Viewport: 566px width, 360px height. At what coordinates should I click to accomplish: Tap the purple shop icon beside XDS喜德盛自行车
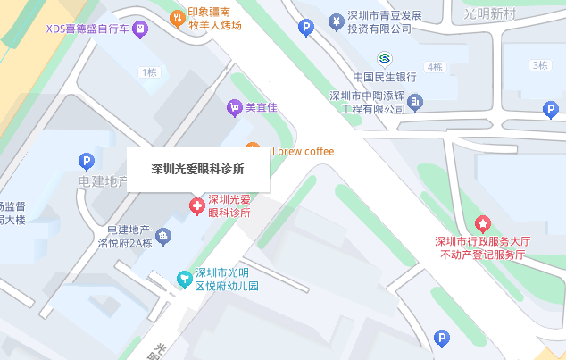pos(139,29)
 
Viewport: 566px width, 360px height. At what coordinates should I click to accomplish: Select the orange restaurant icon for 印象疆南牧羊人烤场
pos(178,16)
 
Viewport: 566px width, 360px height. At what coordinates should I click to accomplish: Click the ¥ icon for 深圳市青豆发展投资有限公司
pos(336,20)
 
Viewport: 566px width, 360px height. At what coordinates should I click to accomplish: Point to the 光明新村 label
pos(491,13)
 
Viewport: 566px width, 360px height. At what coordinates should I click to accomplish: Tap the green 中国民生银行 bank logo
pos(383,59)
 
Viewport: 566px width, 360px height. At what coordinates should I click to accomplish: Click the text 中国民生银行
pos(386,77)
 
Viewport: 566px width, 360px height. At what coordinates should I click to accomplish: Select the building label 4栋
pos(435,67)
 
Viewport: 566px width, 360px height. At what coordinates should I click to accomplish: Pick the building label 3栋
pos(539,65)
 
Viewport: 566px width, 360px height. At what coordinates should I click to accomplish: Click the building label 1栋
pos(147,71)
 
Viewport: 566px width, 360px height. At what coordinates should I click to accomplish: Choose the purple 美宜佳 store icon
pos(234,107)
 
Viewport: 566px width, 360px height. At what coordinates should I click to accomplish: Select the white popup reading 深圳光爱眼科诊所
pos(197,167)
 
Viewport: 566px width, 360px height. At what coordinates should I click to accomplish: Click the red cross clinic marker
pos(196,207)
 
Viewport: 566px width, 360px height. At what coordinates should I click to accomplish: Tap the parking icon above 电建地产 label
pos(87,162)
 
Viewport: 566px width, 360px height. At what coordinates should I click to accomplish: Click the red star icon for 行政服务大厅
pos(482,223)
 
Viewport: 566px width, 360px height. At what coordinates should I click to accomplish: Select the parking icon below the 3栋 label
pos(551,109)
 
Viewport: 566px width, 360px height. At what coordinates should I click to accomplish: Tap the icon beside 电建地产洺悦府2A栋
pos(162,236)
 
